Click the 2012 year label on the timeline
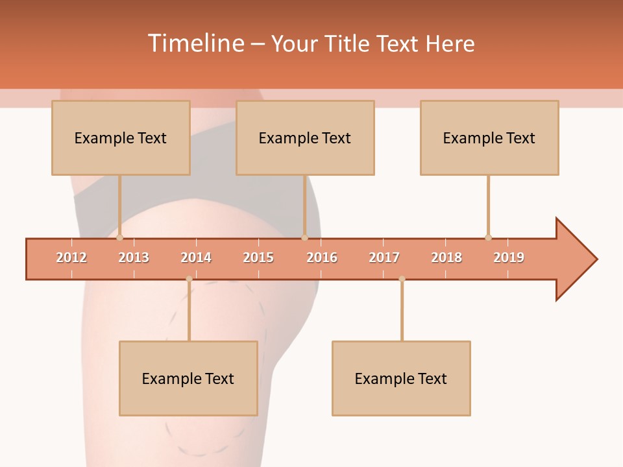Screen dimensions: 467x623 [x=71, y=257]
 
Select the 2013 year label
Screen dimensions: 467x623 [x=134, y=257]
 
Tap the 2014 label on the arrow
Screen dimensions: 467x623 [x=196, y=257]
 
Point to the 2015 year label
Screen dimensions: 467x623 [x=258, y=257]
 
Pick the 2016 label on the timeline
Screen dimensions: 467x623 [x=322, y=257]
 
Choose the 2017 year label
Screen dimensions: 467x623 [x=384, y=257]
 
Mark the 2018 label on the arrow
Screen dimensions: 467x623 [x=446, y=257]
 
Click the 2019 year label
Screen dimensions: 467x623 [x=509, y=257]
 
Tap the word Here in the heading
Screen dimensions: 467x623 [x=450, y=43]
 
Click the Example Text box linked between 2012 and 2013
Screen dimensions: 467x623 [x=121, y=138]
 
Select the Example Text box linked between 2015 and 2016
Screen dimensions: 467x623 [x=305, y=138]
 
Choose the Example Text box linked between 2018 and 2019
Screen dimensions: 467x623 [x=489, y=138]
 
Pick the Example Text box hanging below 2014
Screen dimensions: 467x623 [x=188, y=378]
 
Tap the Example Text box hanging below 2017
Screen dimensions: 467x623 [x=401, y=378]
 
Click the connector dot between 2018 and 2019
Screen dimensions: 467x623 [x=488, y=237]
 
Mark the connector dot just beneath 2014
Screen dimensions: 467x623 [x=189, y=279]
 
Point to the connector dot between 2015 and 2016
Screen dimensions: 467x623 [x=304, y=237]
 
